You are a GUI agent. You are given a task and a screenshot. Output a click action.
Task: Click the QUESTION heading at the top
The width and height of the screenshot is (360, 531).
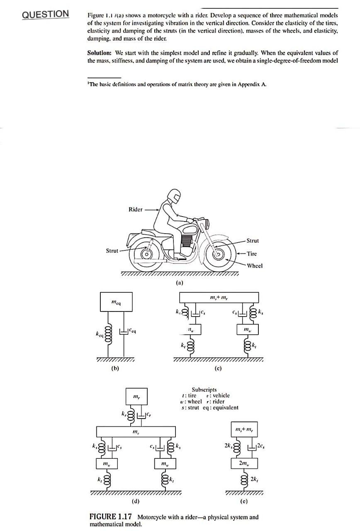45,14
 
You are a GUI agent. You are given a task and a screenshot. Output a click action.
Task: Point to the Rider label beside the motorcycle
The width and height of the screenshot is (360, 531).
136,209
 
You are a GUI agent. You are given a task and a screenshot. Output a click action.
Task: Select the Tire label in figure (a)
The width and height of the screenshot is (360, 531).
252,253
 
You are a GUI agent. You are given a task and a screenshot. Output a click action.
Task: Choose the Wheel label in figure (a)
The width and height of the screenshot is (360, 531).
254,265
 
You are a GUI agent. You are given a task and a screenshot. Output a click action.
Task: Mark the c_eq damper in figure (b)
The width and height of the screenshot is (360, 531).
123,331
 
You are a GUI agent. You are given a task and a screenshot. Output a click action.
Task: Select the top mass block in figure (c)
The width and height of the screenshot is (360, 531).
219,297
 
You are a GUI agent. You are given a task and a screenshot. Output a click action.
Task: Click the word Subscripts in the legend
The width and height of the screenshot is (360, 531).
204,390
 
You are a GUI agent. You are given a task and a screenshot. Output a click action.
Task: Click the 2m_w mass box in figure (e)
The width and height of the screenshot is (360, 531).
244,463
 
